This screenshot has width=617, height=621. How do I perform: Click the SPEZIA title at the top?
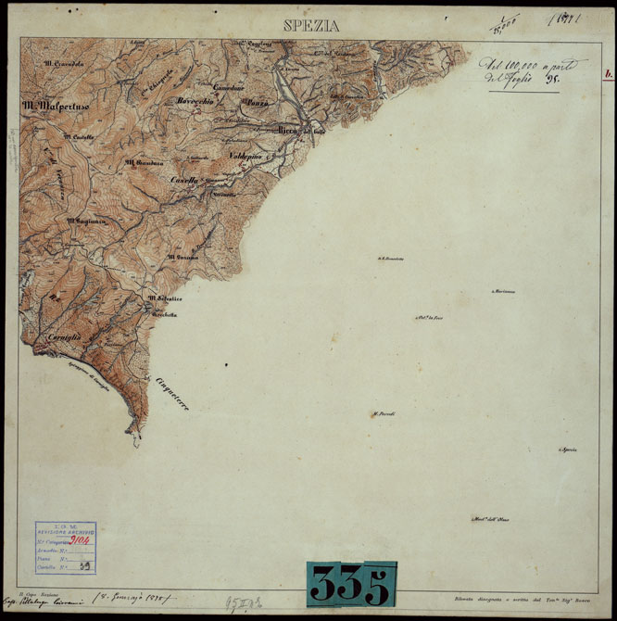pyautogui.click(x=311, y=26)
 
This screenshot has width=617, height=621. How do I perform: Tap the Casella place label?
pyautogui.click(x=186, y=179)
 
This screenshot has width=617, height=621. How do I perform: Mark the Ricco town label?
pyautogui.click(x=288, y=131)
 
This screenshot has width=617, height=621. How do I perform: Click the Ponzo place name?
pyautogui.click(x=257, y=104)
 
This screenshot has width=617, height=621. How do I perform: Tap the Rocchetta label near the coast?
pyautogui.click(x=165, y=314)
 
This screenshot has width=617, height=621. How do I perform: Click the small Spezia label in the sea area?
pyautogui.click(x=567, y=450)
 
